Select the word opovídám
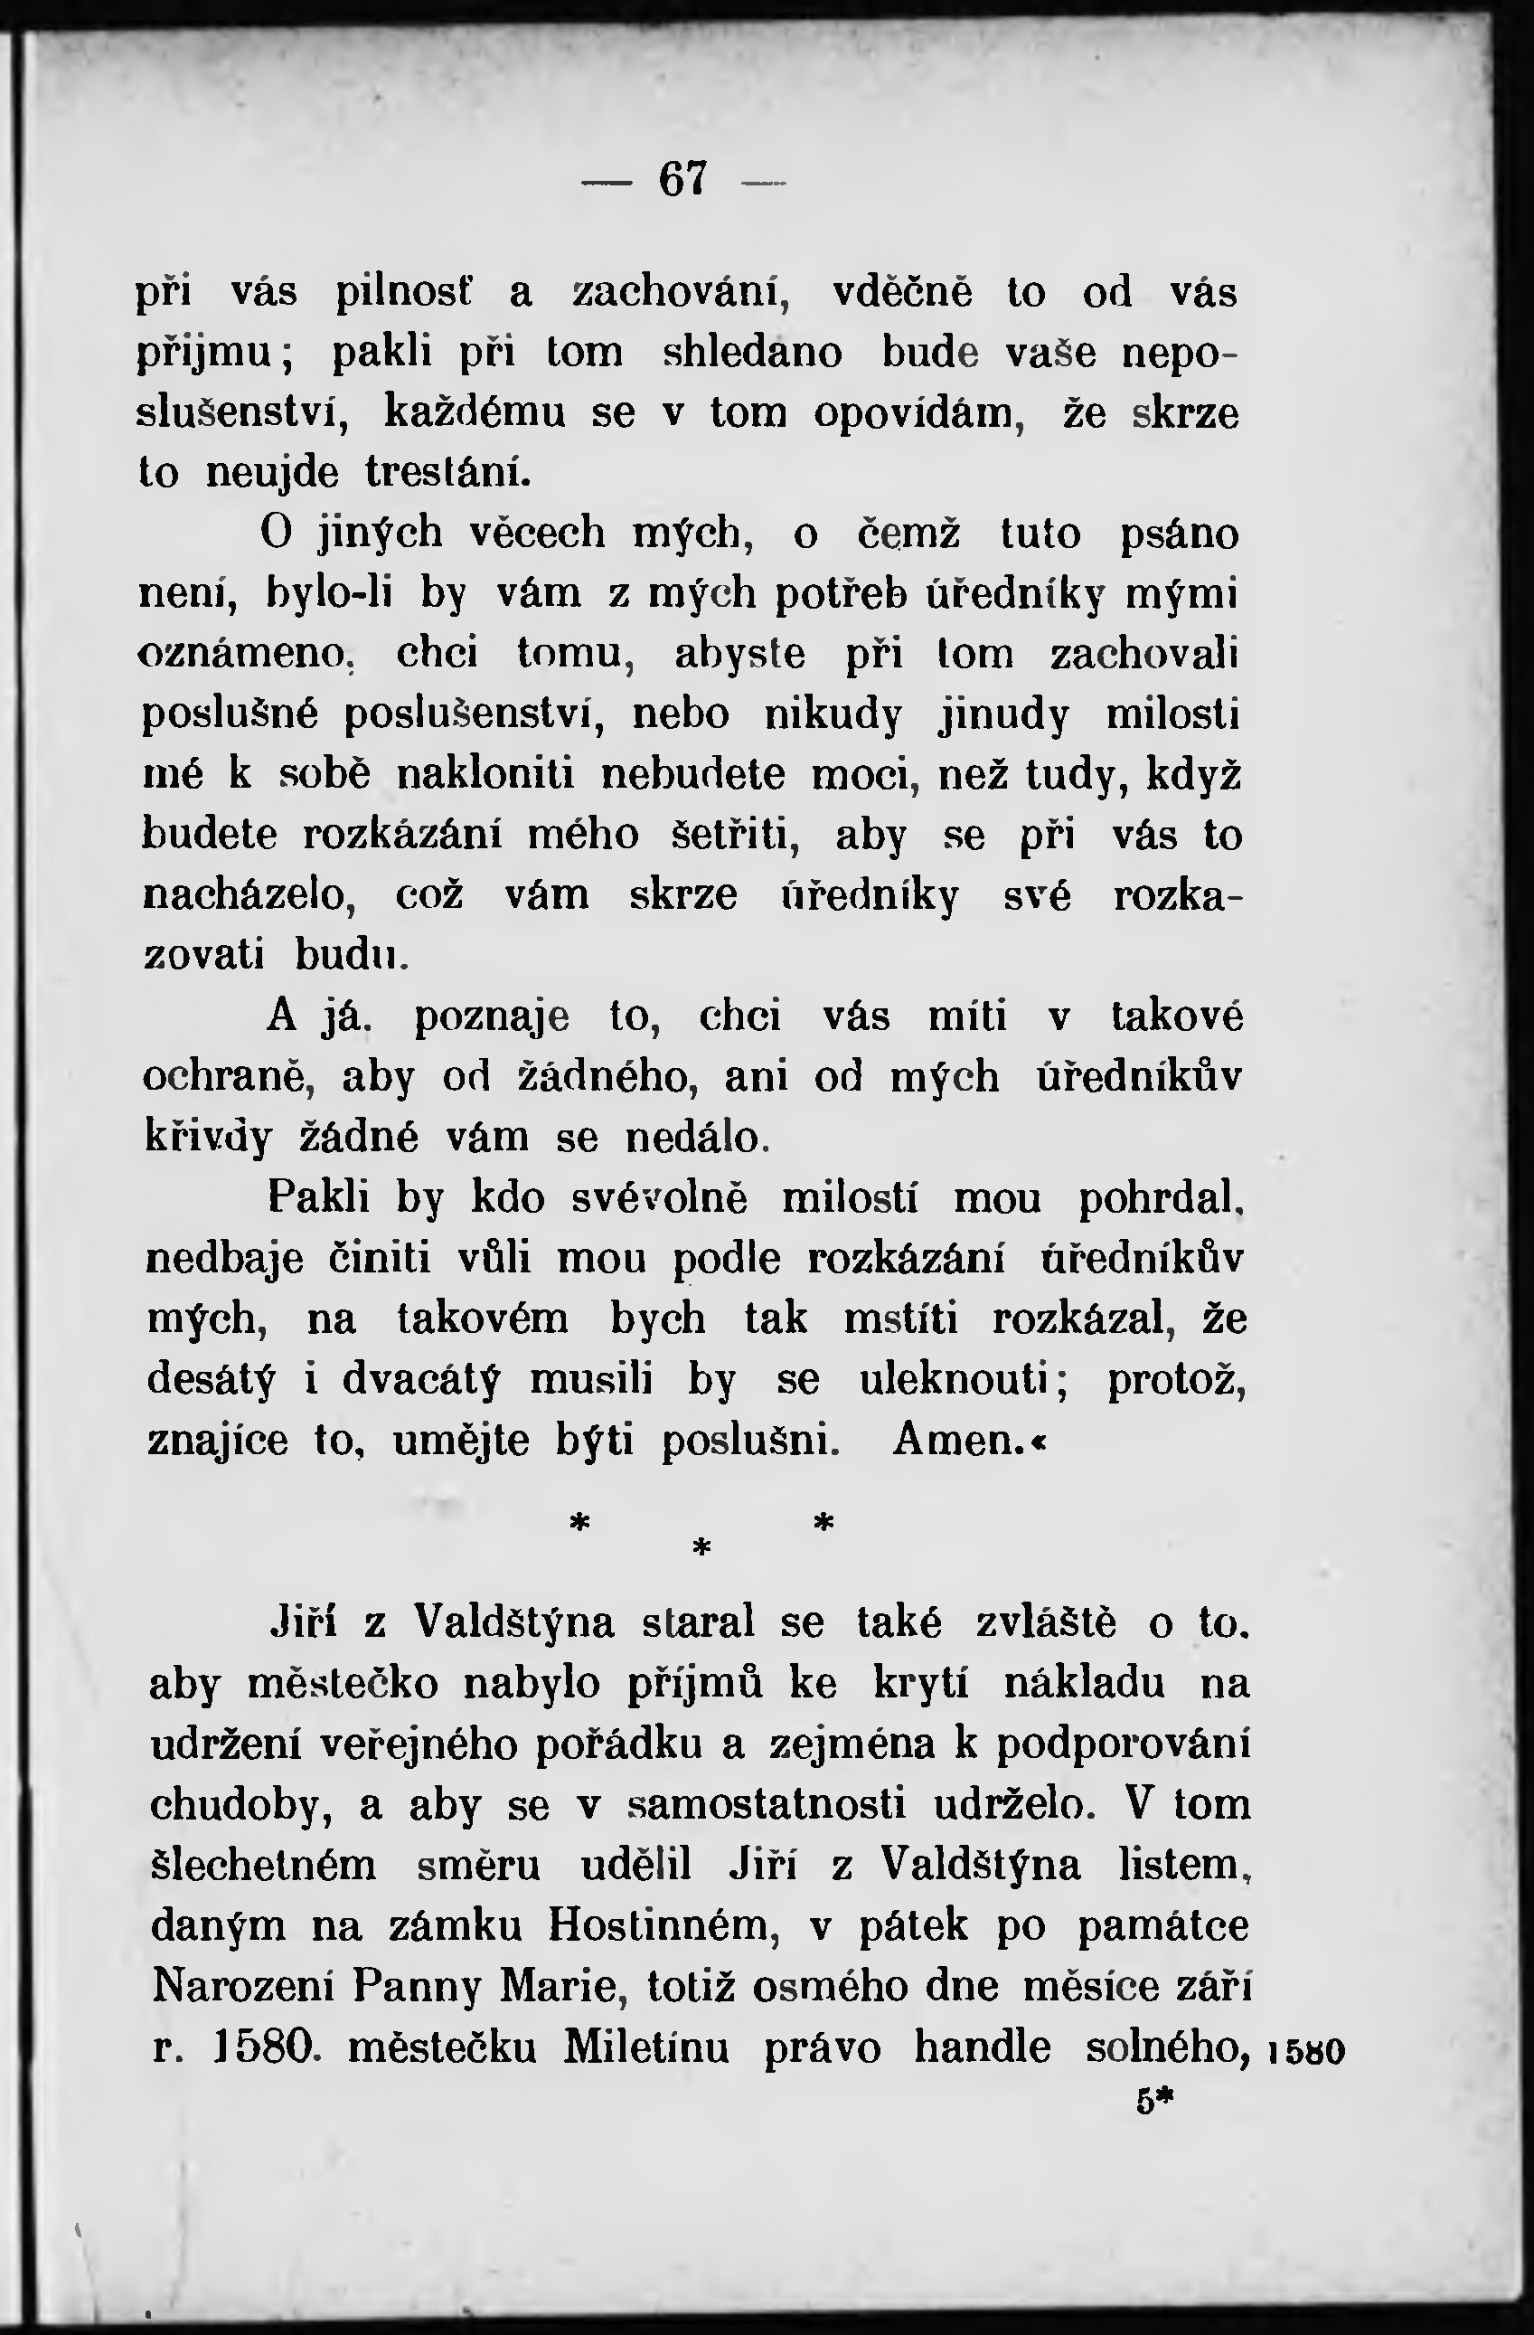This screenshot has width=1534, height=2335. click(x=920, y=413)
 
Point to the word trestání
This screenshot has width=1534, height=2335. click(x=448, y=473)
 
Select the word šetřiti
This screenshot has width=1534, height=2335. click(x=736, y=836)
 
